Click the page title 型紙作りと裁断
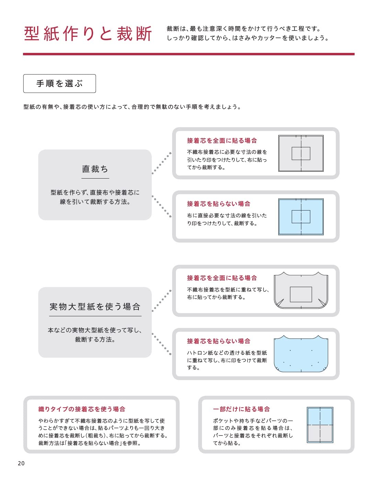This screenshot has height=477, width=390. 88,34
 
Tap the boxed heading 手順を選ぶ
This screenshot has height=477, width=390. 59,83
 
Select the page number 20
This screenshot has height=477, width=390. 21,463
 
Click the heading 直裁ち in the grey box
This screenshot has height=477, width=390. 95,169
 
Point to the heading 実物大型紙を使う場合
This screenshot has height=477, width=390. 95,307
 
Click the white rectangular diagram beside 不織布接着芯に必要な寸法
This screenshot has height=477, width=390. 301,153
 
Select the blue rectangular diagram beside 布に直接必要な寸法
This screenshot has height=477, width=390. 301,217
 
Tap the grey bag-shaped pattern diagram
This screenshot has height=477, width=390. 301,291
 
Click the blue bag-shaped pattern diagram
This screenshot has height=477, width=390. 301,354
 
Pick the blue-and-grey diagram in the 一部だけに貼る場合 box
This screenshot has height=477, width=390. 320,425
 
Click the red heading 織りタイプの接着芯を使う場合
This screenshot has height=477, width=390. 82,409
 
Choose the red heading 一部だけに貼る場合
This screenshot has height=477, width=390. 241,409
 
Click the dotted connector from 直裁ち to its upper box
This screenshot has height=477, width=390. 161,163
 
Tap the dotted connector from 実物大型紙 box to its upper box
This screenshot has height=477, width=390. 161,301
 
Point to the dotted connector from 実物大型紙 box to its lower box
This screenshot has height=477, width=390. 161,344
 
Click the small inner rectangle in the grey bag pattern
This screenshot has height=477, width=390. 301,294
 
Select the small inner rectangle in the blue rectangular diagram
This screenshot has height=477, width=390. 301,217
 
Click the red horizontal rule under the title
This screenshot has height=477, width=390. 189,54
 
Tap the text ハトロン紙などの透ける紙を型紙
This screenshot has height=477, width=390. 227,353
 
